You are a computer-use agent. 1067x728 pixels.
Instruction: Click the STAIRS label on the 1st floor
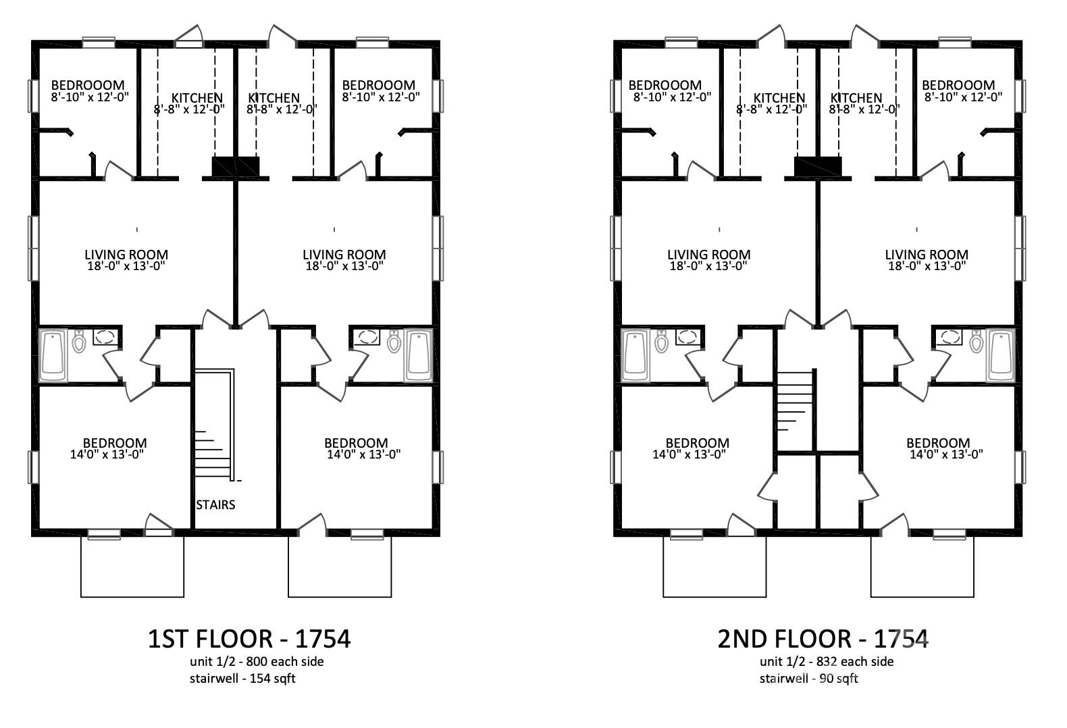215,504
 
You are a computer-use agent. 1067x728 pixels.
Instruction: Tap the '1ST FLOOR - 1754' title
249,638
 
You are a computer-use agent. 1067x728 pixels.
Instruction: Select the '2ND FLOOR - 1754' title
823,638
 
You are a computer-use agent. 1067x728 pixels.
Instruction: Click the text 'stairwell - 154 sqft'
242,678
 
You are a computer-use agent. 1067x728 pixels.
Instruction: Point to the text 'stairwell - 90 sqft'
808,678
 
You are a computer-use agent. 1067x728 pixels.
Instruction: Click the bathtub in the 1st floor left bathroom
53,355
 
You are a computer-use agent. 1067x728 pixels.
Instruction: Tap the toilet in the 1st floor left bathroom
79,342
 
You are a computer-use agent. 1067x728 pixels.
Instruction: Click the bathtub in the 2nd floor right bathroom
1001,355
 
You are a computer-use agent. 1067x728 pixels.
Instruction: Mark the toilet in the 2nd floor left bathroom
661,342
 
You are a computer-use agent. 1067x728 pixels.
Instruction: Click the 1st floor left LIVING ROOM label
126,255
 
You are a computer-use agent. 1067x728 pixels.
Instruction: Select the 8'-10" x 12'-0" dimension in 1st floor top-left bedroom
89,97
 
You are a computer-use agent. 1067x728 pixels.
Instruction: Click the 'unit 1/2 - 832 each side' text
826,661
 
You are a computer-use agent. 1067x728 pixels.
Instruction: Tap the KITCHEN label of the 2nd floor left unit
779,98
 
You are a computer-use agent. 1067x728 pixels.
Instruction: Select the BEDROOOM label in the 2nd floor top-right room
958,85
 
